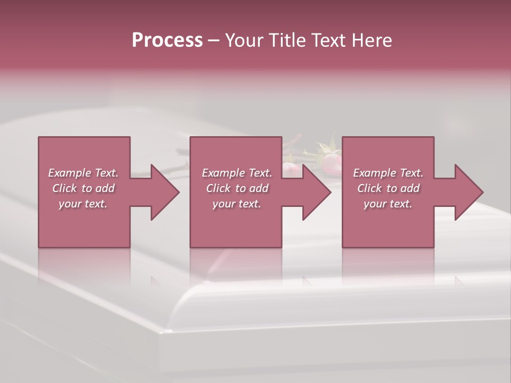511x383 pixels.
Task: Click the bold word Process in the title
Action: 167,40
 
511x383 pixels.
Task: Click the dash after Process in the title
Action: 214,41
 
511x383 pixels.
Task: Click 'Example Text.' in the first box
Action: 83,173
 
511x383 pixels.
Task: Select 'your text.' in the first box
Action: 83,204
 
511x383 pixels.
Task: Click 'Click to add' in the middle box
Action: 237,188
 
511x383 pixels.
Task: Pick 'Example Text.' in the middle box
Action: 237,173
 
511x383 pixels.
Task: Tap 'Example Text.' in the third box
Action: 388,173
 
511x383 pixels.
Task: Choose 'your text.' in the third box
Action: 388,204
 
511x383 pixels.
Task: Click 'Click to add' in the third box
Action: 388,188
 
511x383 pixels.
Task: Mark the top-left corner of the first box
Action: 39,138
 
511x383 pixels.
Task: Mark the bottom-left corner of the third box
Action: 343,247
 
